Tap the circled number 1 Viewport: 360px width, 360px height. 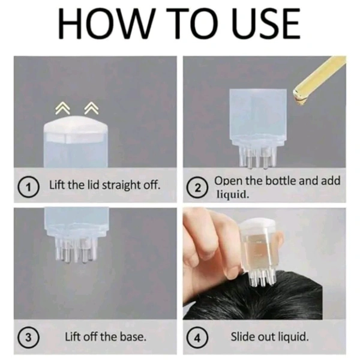pyautogui.click(x=28, y=187)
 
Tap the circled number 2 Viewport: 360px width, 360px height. pyautogui.click(x=197, y=188)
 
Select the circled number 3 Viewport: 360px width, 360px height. pyautogui.click(x=28, y=338)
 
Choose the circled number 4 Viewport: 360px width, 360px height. pyautogui.click(x=197, y=338)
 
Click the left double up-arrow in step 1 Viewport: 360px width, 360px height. pyautogui.click(x=62, y=108)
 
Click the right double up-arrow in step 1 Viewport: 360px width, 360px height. pyautogui.click(x=92, y=108)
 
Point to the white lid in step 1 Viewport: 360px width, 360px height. pyautogui.click(x=76, y=130)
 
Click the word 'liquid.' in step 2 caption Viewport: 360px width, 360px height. pyautogui.click(x=233, y=194)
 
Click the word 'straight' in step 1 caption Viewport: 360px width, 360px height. pyautogui.click(x=121, y=185)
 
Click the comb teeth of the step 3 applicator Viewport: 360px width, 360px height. pyautogui.click(x=76, y=250)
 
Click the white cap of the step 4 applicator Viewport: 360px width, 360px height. pyautogui.click(x=257, y=223)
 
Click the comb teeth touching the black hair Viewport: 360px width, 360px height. pyautogui.click(x=261, y=278)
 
